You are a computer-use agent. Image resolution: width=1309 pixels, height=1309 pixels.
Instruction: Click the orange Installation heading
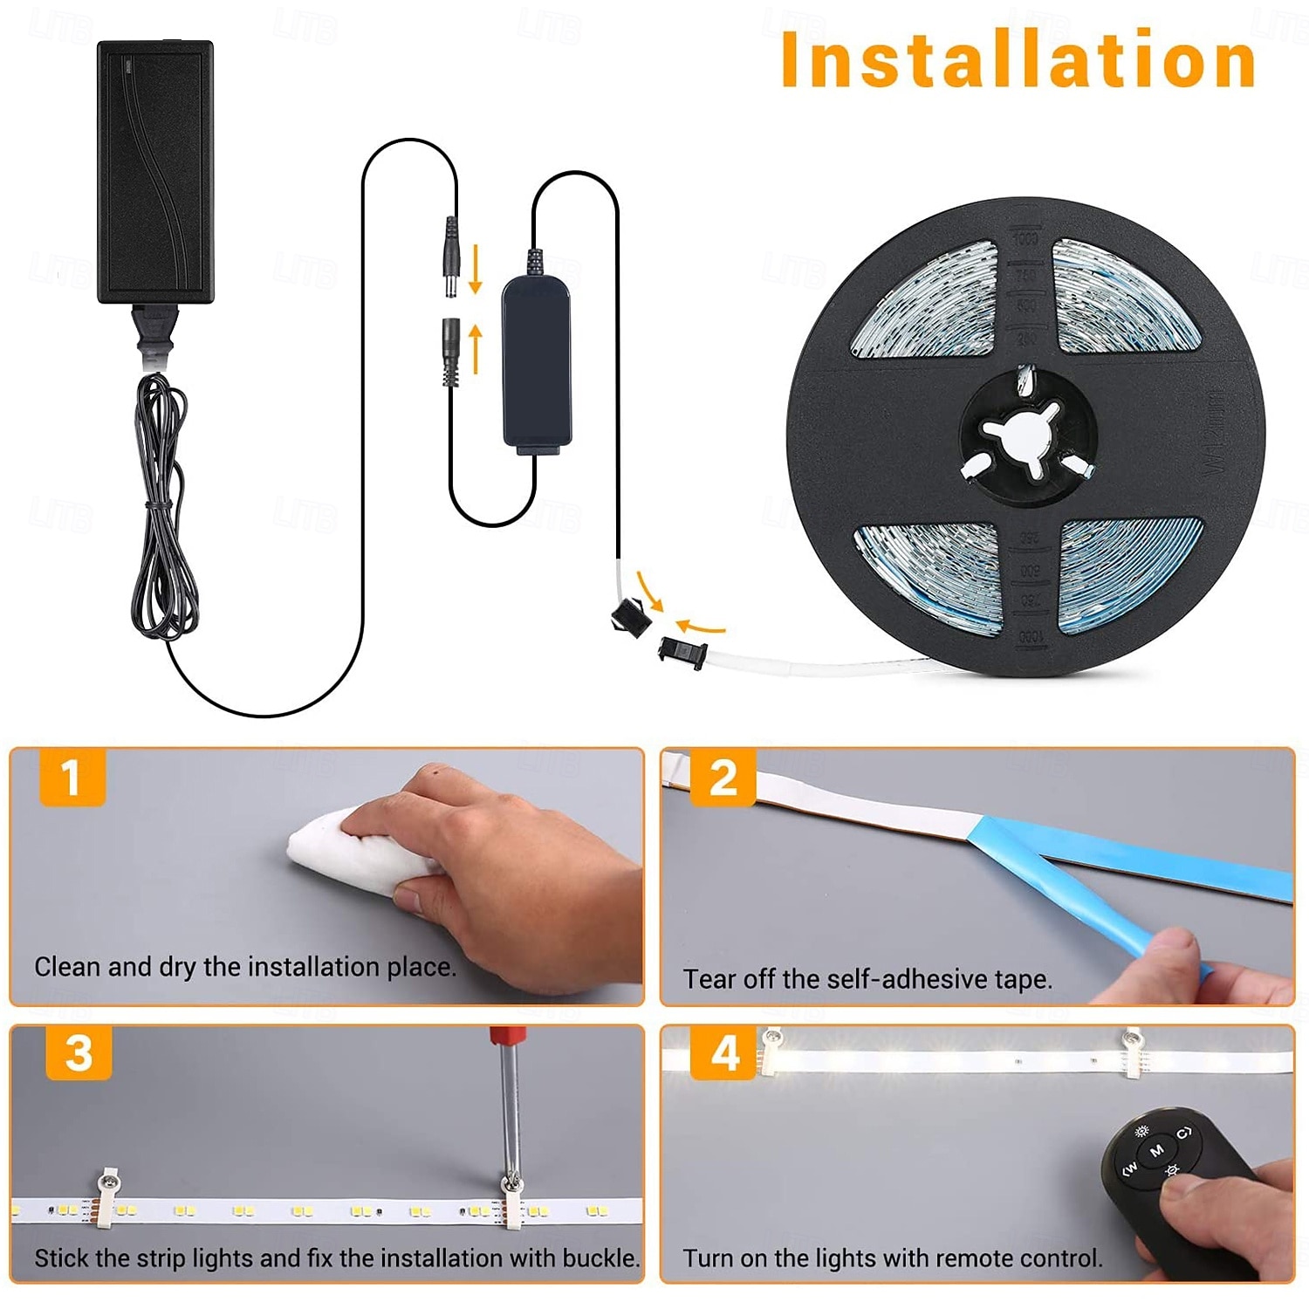pyautogui.click(x=1018, y=59)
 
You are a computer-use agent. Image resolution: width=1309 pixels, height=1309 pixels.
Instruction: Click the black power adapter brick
pyautogui.click(x=155, y=173)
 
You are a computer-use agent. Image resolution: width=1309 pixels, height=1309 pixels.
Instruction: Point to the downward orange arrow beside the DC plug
pyautogui.click(x=476, y=269)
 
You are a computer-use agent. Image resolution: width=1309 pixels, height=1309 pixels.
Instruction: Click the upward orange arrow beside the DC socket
pyautogui.click(x=476, y=348)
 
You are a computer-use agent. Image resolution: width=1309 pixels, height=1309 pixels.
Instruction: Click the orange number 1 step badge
pyautogui.click(x=72, y=777)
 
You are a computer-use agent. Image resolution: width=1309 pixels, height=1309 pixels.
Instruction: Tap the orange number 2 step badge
pyautogui.click(x=723, y=777)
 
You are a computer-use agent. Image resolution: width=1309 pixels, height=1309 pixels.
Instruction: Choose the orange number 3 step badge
pyautogui.click(x=79, y=1052)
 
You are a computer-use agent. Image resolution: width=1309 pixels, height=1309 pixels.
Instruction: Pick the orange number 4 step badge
pyautogui.click(x=723, y=1052)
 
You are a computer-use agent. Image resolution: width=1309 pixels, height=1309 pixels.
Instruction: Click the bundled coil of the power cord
pyautogui.click(x=161, y=506)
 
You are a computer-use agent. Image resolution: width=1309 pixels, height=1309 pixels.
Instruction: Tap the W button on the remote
pyautogui.click(x=1128, y=1168)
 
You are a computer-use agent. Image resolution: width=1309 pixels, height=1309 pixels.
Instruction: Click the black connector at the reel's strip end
pyautogui.click(x=682, y=652)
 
